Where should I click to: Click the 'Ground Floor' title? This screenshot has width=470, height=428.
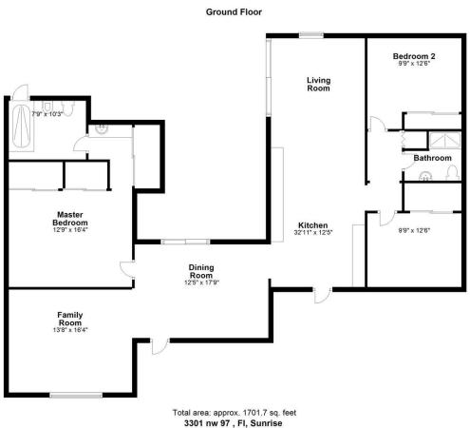(x=234, y=12)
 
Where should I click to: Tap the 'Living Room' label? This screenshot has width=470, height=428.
(x=318, y=84)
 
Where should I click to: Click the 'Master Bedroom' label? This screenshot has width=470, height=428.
(x=71, y=218)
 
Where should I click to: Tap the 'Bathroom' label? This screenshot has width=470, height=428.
(x=432, y=158)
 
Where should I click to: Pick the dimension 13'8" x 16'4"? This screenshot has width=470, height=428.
(x=72, y=330)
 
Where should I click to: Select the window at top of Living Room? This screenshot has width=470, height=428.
(x=311, y=35)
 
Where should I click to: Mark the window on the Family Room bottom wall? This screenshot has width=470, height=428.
(x=76, y=394)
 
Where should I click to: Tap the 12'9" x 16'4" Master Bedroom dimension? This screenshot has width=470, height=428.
(x=71, y=229)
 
